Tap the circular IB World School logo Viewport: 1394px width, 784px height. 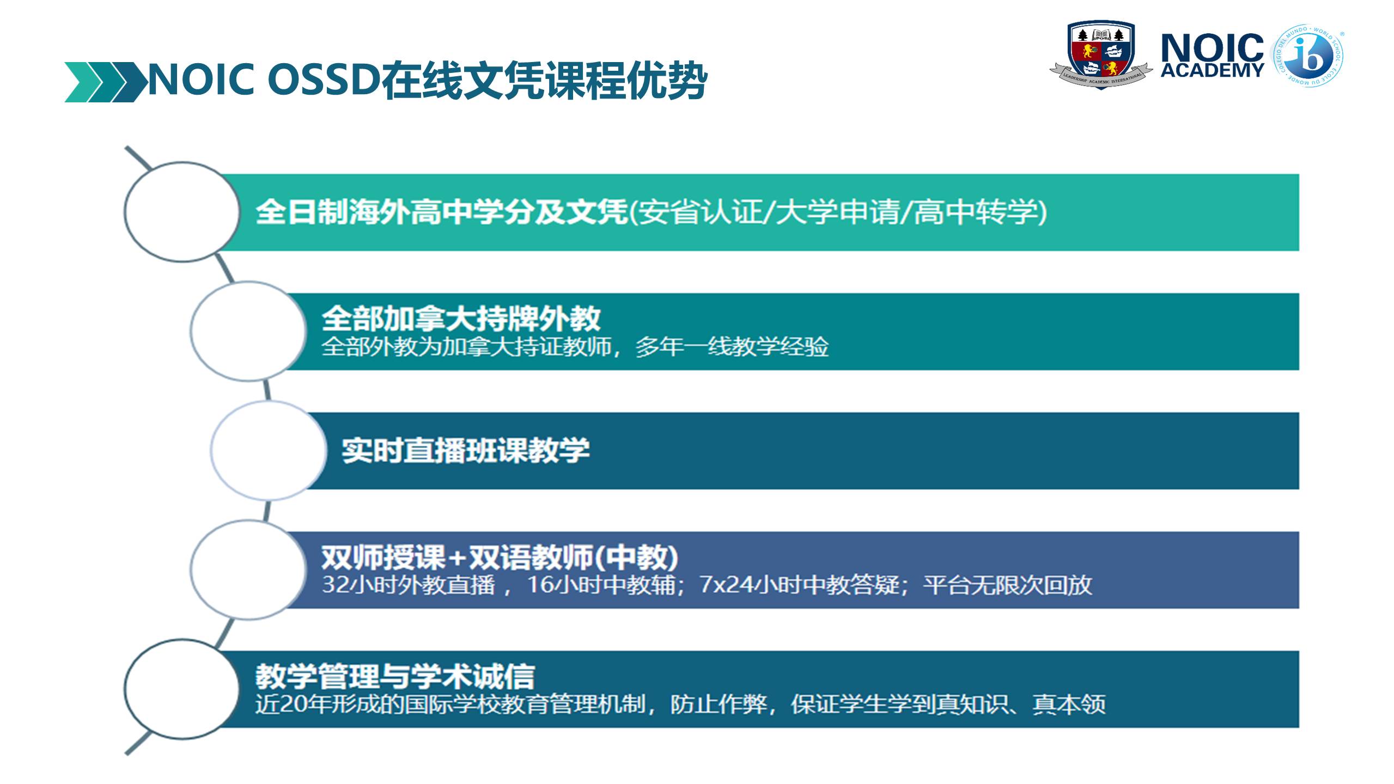pos(1308,56)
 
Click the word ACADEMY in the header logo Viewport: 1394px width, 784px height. pos(1212,70)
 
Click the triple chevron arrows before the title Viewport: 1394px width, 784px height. pos(106,82)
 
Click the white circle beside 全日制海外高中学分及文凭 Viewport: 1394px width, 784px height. pos(182,212)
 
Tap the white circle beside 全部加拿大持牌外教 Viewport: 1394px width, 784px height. pos(248,331)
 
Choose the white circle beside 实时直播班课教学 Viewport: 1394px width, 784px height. pos(269,450)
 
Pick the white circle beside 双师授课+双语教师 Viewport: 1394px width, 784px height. pos(248,569)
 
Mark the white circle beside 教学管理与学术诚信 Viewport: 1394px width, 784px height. pos(182,689)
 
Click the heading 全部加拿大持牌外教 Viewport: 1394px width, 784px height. pos(461,318)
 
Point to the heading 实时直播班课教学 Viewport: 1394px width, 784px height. pos(466,451)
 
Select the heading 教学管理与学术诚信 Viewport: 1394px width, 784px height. pos(395,676)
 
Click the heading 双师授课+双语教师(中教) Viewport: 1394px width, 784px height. pos(500,557)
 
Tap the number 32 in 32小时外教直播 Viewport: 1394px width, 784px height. pos(335,585)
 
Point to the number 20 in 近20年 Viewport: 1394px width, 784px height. pos(294,705)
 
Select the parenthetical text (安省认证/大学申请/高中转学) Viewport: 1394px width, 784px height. pos(838,212)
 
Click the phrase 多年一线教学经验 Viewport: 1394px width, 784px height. pos(732,347)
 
